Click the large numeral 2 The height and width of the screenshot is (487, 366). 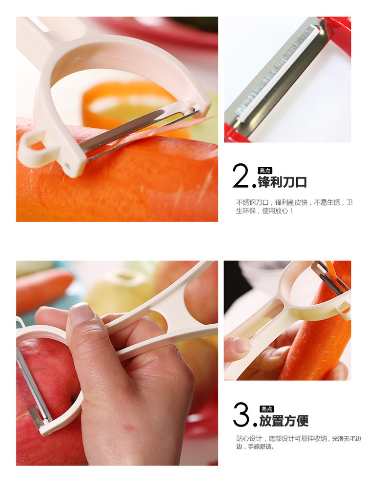(x=241, y=176)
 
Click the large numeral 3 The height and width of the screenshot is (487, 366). (x=241, y=414)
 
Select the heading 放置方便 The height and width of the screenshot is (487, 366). (x=284, y=421)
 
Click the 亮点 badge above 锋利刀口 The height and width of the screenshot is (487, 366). (x=265, y=171)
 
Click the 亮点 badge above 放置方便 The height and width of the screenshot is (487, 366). (x=267, y=409)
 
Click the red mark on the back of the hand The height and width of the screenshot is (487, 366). (x=129, y=428)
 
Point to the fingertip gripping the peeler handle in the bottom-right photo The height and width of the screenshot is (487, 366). (x=237, y=346)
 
